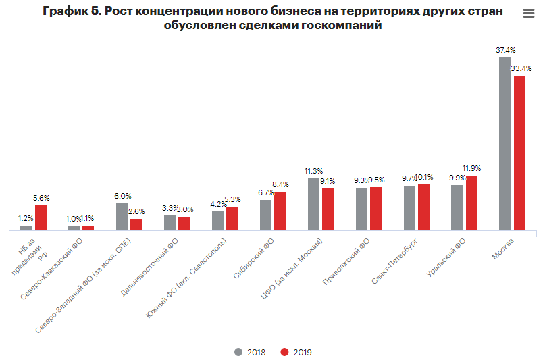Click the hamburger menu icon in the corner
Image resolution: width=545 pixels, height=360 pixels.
[528, 14]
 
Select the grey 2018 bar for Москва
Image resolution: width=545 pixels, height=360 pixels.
[504, 144]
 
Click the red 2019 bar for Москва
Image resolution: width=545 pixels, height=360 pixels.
[519, 153]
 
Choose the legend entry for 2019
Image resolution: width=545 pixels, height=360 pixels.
[296, 352]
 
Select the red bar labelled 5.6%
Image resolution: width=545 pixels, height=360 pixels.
[41, 217]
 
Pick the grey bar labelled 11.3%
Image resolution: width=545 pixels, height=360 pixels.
[313, 204]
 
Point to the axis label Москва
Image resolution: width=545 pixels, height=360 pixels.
[502, 247]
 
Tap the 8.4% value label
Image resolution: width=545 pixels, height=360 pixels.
[280, 184]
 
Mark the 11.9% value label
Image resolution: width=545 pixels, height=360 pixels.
[471, 168]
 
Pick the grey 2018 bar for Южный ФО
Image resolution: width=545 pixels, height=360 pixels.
[217, 221]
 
